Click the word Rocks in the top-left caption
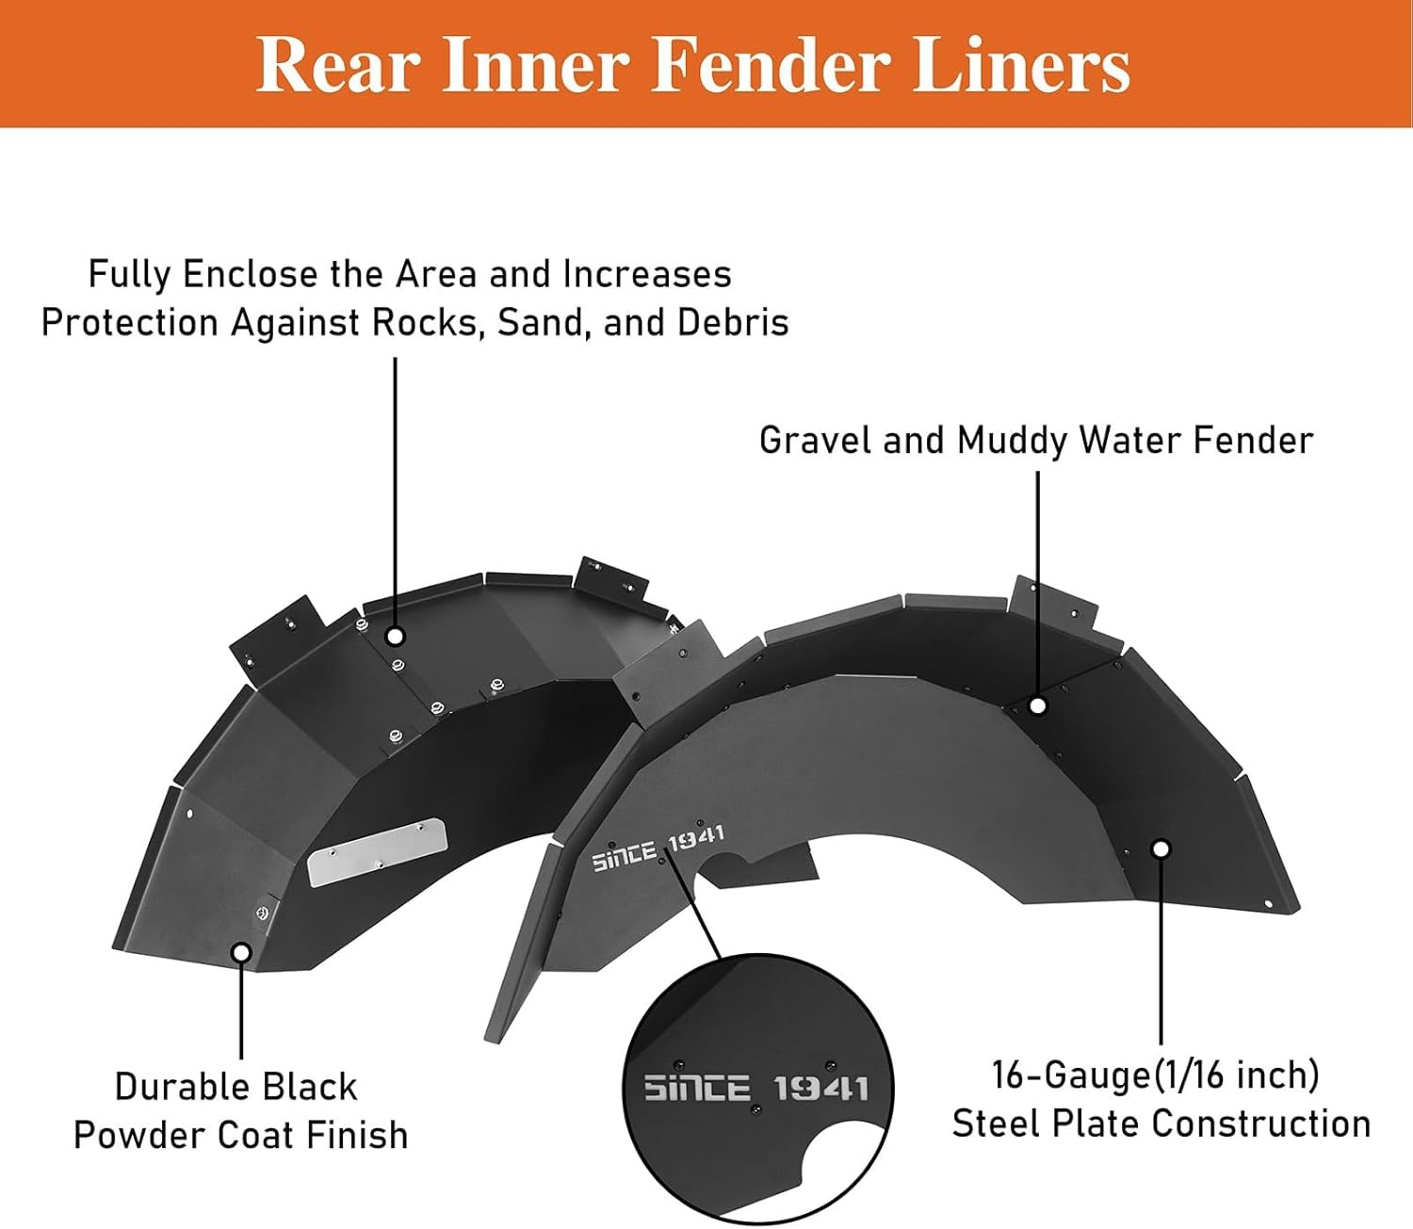tap(427, 323)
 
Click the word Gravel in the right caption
tap(814, 441)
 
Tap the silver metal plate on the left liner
tap(377, 851)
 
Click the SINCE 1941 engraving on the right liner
tap(658, 848)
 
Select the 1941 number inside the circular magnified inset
tap(820, 1090)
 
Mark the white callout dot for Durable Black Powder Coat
tap(241, 952)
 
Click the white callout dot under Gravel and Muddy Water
tap(1037, 704)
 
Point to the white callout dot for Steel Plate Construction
tap(1161, 849)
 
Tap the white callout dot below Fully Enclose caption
tap(396, 637)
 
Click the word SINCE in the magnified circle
tap(697, 1090)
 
